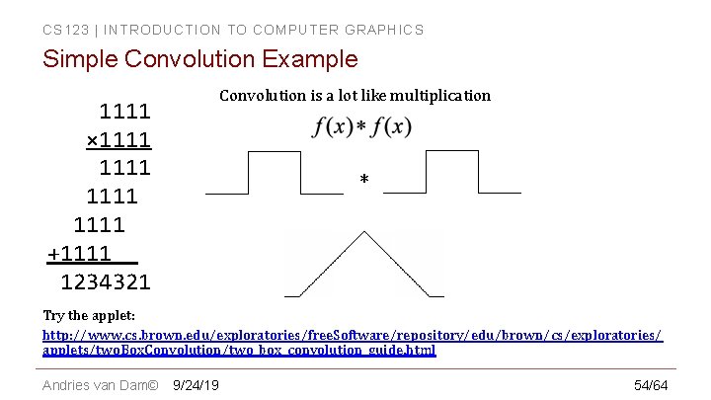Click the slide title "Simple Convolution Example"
(199, 59)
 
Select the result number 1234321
(106, 282)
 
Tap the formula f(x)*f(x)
(362, 127)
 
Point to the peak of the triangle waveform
(364, 233)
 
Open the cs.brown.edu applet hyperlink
(352, 343)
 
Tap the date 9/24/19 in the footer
(196, 384)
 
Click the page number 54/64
(651, 384)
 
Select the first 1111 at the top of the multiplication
(124, 112)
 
